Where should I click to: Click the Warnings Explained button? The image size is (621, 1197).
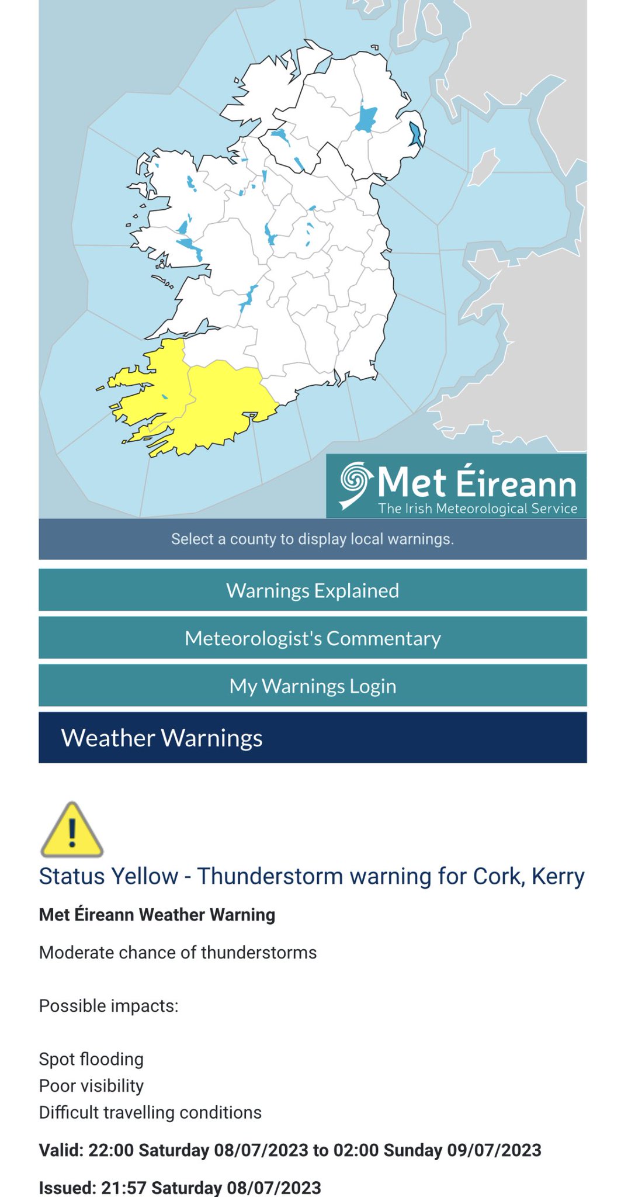pos(313,590)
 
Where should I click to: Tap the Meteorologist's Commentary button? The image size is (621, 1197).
pos(313,638)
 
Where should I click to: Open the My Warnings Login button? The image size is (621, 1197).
pos(313,686)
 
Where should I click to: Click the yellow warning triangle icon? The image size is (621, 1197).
pos(72,830)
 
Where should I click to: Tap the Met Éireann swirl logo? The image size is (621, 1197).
pos(356,483)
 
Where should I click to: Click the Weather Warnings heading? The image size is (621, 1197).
pos(162,738)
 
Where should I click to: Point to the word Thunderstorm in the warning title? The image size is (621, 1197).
pos(265,876)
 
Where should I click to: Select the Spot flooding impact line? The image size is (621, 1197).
pos(91,1059)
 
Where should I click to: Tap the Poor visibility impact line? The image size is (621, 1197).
pos(91,1085)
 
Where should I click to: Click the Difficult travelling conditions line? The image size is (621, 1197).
pos(150,1112)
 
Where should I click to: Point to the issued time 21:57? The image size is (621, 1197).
pos(124,1188)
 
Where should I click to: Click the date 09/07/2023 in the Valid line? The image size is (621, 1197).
pos(494,1150)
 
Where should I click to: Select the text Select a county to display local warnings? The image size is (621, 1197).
pos(313,539)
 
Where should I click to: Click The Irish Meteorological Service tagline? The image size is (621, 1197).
pos(477,508)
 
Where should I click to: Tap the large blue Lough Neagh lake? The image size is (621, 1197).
pos(366,119)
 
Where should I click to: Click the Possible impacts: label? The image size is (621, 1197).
pos(109,1006)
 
